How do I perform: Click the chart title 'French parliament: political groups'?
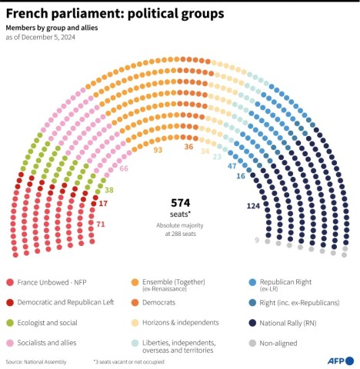tap(115, 14)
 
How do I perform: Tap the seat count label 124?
tap(254, 205)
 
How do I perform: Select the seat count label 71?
tap(101, 224)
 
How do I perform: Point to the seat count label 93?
tap(158, 150)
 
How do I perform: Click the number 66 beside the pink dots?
tap(123, 168)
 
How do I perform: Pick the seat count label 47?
tap(232, 166)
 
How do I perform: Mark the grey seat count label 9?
tap(257, 240)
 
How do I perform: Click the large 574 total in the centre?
tap(179, 202)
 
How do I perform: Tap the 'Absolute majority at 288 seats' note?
tap(179, 229)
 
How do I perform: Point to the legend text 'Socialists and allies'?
tap(52, 342)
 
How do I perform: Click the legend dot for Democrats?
tap(135, 303)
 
